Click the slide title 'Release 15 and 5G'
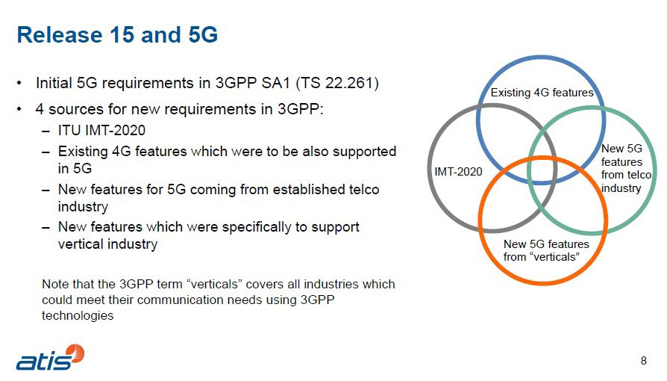pyautogui.click(x=117, y=34)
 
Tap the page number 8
pyautogui.click(x=644, y=362)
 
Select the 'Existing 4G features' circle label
pyautogui.click(x=541, y=93)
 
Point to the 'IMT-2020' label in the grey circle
pyautogui.click(x=458, y=171)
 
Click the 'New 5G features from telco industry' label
pyautogui.click(x=625, y=169)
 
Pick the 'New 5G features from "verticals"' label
pyautogui.click(x=545, y=250)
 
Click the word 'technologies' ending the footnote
pyautogui.click(x=78, y=316)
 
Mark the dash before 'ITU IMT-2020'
pyautogui.click(x=47, y=131)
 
